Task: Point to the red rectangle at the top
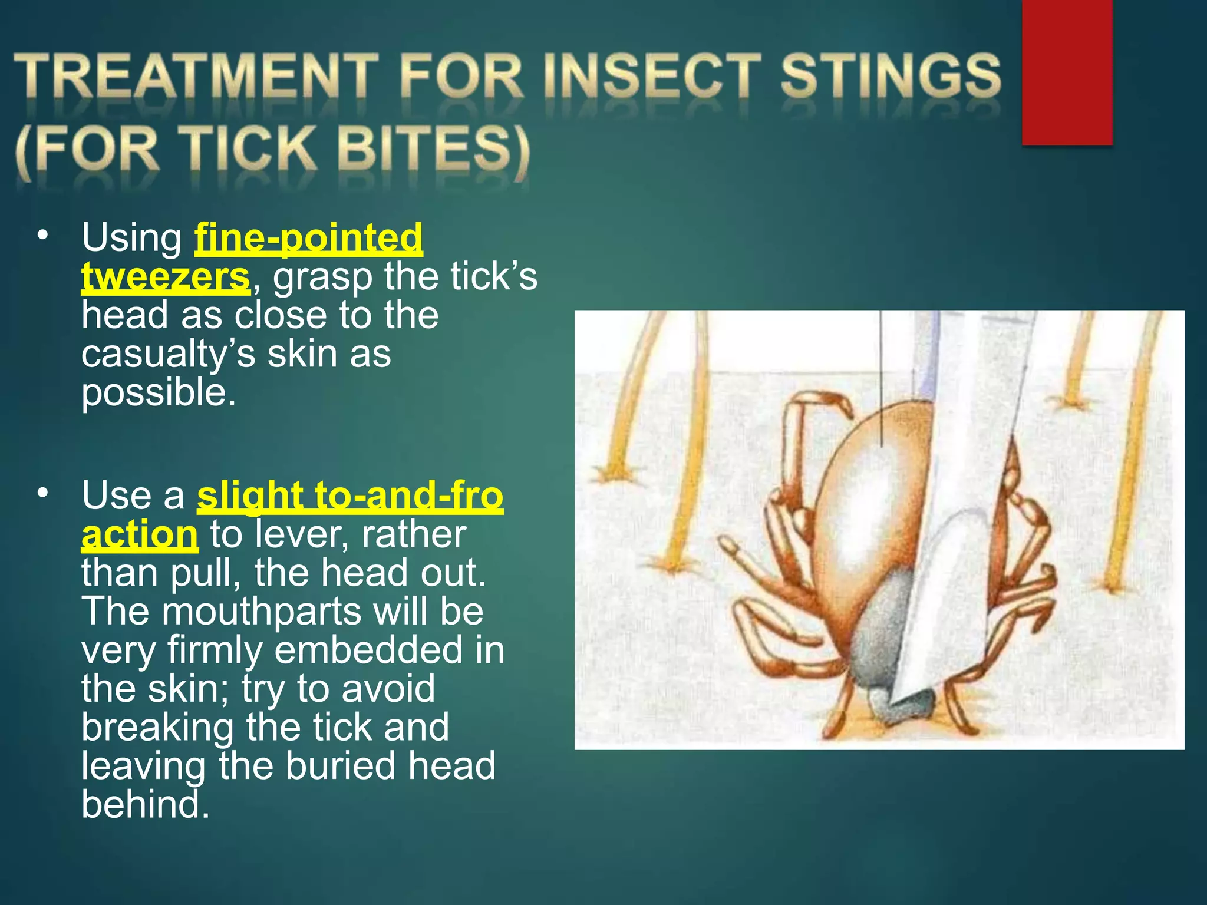pos(1067,72)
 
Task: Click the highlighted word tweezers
pos(166,276)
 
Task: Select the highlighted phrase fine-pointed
pos(309,238)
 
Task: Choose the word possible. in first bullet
pos(159,392)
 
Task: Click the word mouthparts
pos(262,611)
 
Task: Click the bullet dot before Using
pos(42,236)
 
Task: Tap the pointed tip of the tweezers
pos(896,701)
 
